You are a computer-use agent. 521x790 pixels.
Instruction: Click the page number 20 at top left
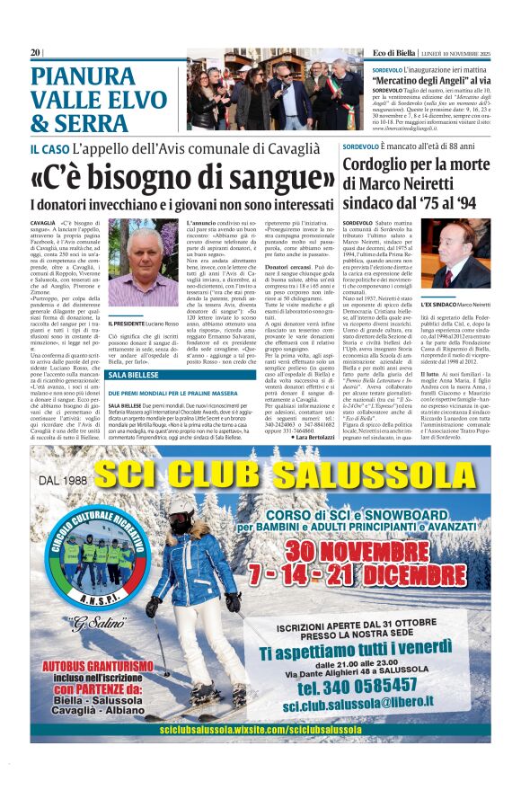coord(35,53)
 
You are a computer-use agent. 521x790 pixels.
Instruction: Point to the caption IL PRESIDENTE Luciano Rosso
coord(143,323)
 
